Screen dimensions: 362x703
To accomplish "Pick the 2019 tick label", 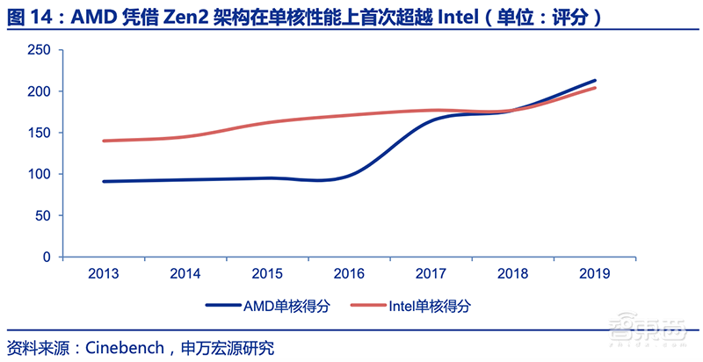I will [593, 273].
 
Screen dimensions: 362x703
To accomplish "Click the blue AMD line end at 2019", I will [595, 81].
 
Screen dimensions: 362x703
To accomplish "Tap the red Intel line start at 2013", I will [104, 141].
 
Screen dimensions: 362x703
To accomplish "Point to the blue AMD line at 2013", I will [104, 182].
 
